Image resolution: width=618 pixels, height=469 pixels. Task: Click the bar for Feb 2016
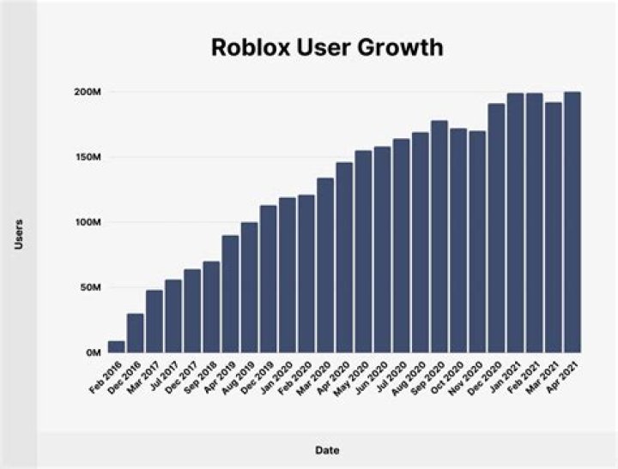pyautogui.click(x=116, y=346)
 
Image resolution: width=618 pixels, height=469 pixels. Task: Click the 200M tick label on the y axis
pyautogui.click(x=88, y=92)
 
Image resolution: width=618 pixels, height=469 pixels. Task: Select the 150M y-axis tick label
pyautogui.click(x=88, y=158)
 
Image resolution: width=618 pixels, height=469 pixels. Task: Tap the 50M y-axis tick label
pyautogui.click(x=91, y=287)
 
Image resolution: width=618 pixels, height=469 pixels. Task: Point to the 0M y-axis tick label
pyautogui.click(x=94, y=352)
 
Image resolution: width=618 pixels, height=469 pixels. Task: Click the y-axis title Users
pyautogui.click(x=19, y=234)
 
